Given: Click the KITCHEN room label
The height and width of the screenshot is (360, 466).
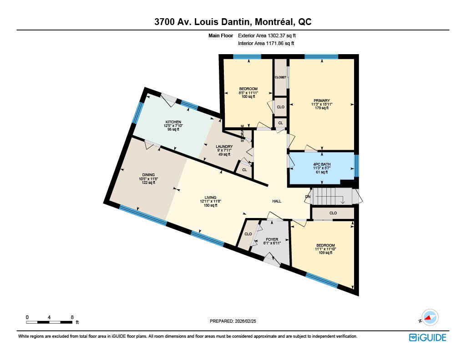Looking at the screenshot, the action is [x=173, y=122].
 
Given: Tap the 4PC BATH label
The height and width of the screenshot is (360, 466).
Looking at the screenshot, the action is [x=322, y=164].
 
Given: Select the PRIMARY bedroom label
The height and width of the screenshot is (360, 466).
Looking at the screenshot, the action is [x=322, y=101].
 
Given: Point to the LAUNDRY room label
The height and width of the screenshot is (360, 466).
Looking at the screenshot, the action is [x=224, y=147].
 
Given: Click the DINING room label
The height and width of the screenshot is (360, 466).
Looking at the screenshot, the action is [x=148, y=175].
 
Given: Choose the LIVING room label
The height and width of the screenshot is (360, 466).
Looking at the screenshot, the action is [x=210, y=198].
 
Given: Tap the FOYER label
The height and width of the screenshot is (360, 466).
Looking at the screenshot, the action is [x=272, y=239].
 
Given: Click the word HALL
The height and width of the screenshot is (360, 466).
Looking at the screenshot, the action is [x=277, y=201].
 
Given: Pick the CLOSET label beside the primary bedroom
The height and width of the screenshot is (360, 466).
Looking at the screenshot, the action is [x=280, y=77].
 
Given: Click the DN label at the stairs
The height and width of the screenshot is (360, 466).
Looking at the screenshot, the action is [x=308, y=197].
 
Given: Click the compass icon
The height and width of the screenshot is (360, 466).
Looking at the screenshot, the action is [x=430, y=318].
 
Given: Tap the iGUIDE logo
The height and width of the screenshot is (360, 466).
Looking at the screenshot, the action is [x=428, y=337].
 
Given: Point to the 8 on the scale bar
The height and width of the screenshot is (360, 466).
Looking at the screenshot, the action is [x=72, y=317].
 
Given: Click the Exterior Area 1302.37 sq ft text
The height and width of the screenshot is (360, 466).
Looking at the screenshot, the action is [x=267, y=35].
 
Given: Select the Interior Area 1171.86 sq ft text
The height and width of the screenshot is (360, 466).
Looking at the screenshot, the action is [x=266, y=43].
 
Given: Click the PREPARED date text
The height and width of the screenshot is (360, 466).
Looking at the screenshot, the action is [x=233, y=321].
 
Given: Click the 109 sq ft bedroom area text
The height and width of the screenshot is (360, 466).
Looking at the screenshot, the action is [x=325, y=253].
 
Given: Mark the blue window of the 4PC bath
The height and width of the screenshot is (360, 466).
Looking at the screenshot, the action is [x=356, y=166].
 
